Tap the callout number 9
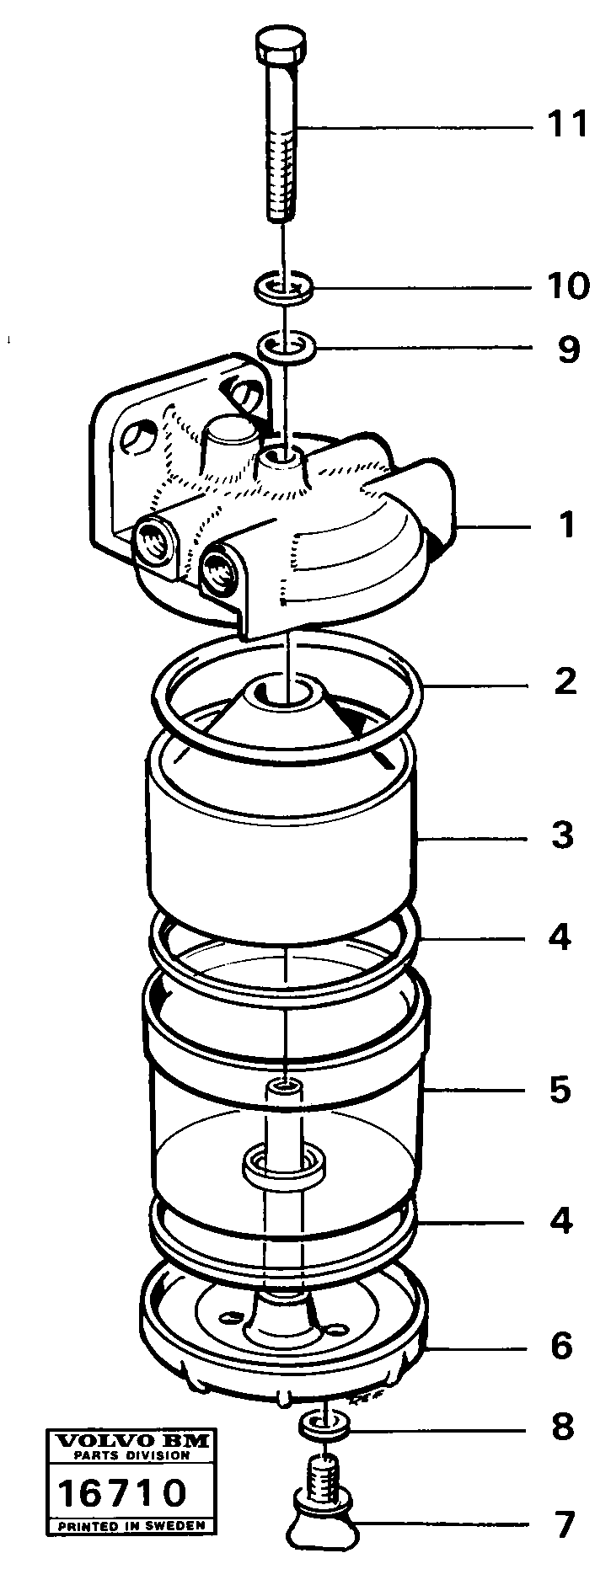[x=569, y=349]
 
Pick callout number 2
[x=565, y=680]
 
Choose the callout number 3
[x=562, y=835]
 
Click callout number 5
[x=560, y=1090]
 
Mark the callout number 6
[x=562, y=1345]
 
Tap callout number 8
[x=562, y=1426]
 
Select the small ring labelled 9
[x=287, y=344]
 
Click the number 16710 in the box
[x=121, y=1493]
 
